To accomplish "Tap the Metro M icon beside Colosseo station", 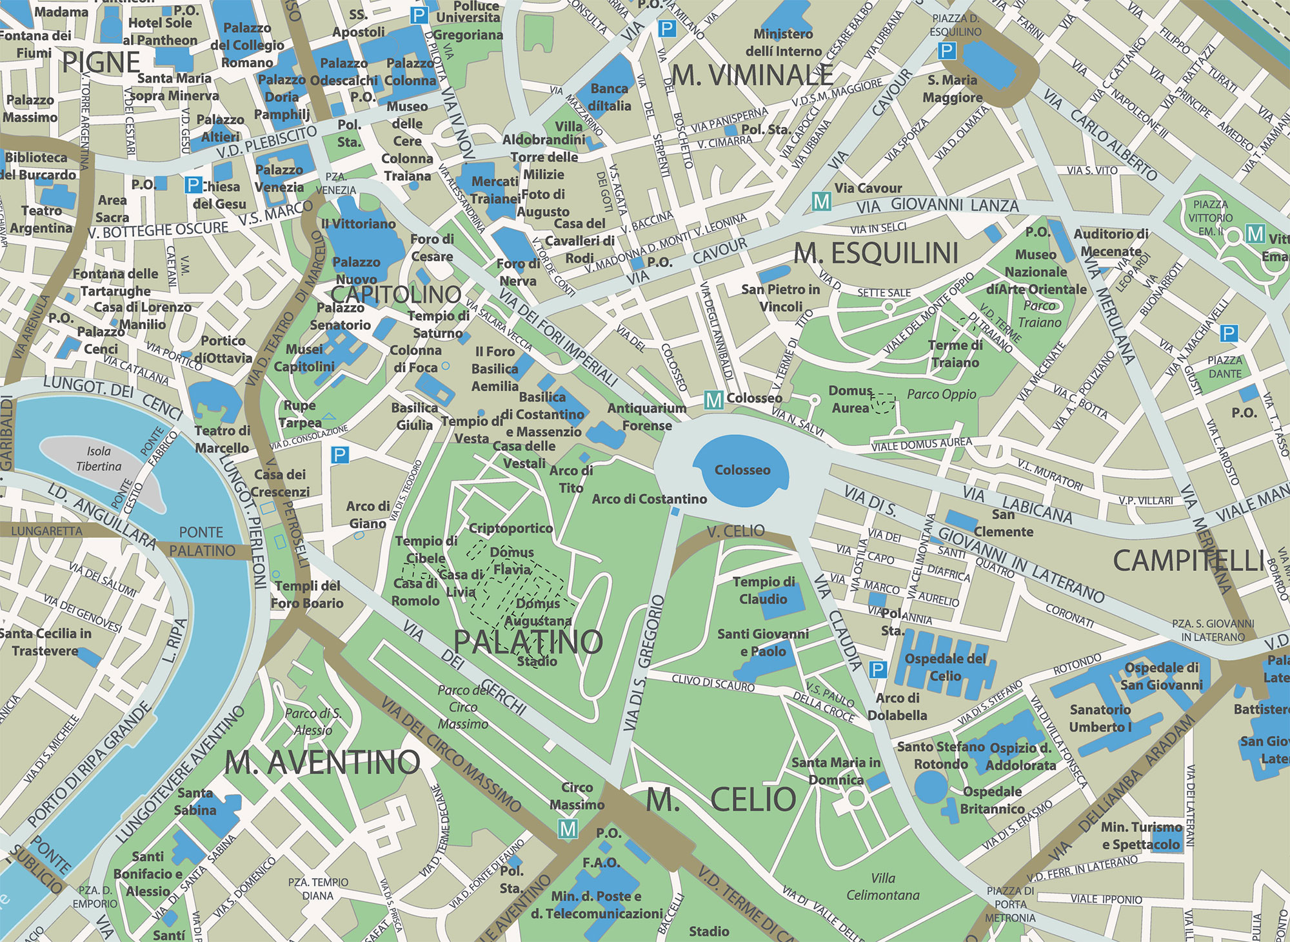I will [713, 400].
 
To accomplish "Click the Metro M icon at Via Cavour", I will [821, 201].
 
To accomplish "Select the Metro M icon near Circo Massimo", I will [568, 828].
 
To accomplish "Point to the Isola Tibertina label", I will [99, 459].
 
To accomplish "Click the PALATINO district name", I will [528, 641].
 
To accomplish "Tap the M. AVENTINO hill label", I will [322, 763].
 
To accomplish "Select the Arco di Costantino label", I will [649, 499].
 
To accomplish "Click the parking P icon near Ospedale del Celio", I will [877, 670].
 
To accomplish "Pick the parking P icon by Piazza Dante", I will [1229, 334].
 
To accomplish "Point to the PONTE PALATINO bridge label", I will [202, 541].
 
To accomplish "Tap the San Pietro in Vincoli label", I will [780, 298].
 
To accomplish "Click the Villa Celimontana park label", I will [882, 887].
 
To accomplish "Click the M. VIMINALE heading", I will [752, 75].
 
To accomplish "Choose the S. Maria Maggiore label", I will [952, 89].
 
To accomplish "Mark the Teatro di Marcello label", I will [222, 439].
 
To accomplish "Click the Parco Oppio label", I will [941, 394].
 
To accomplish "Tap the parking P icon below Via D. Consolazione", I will [339, 456].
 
